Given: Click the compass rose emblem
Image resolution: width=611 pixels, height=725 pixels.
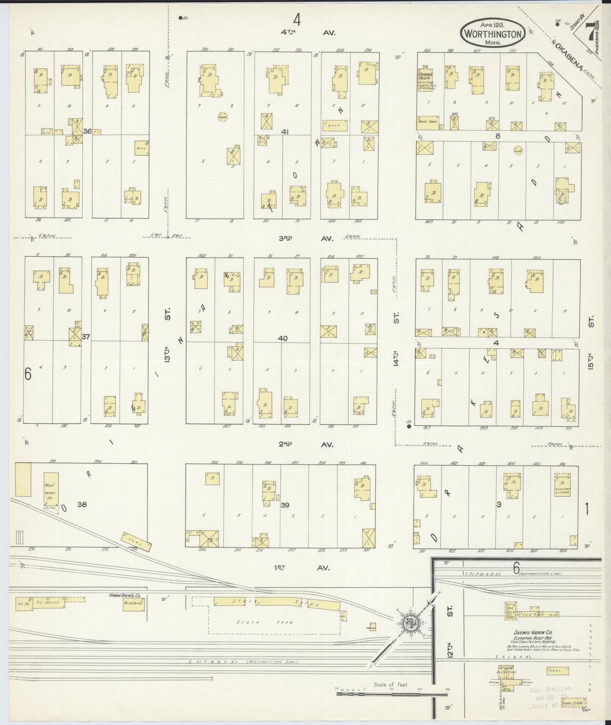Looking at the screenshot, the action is (x=410, y=621).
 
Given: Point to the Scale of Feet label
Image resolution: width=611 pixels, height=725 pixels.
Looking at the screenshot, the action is (x=391, y=684).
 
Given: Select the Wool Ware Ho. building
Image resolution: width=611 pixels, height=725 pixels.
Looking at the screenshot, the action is (x=51, y=492).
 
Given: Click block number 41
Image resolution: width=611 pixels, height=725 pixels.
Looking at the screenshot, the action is (x=285, y=132).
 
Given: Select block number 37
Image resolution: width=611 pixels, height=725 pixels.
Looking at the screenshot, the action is (x=86, y=337).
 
